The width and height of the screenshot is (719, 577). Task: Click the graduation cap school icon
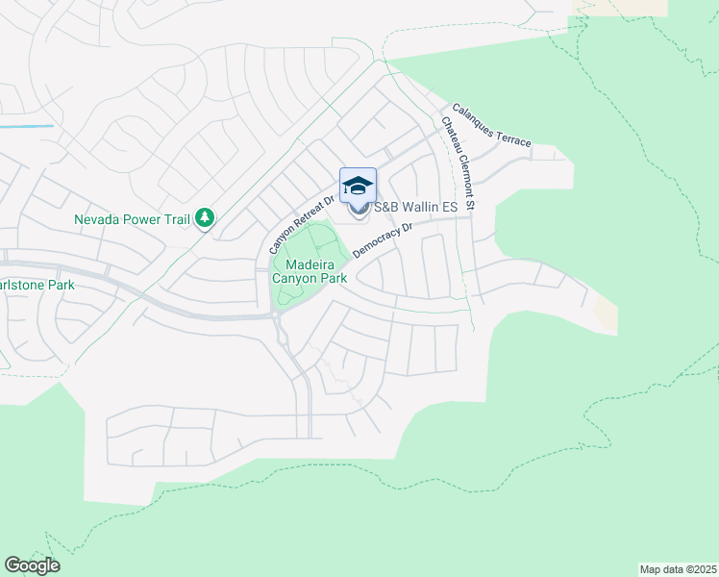pyautogui.click(x=358, y=186)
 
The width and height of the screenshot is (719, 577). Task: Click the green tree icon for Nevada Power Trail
pyautogui.click(x=204, y=219)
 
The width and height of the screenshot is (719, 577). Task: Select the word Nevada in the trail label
pyautogui.click(x=98, y=219)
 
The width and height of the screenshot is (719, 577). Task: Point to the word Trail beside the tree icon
pyautogui.click(x=176, y=219)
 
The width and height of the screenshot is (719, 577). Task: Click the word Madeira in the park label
pyautogui.click(x=310, y=264)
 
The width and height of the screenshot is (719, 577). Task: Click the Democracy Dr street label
pyautogui.click(x=382, y=240)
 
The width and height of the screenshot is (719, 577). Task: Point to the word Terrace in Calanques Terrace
pyautogui.click(x=512, y=137)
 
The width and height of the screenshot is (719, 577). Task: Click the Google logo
pyautogui.click(x=32, y=565)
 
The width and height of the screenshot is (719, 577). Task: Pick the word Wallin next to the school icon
pyautogui.click(x=418, y=207)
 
